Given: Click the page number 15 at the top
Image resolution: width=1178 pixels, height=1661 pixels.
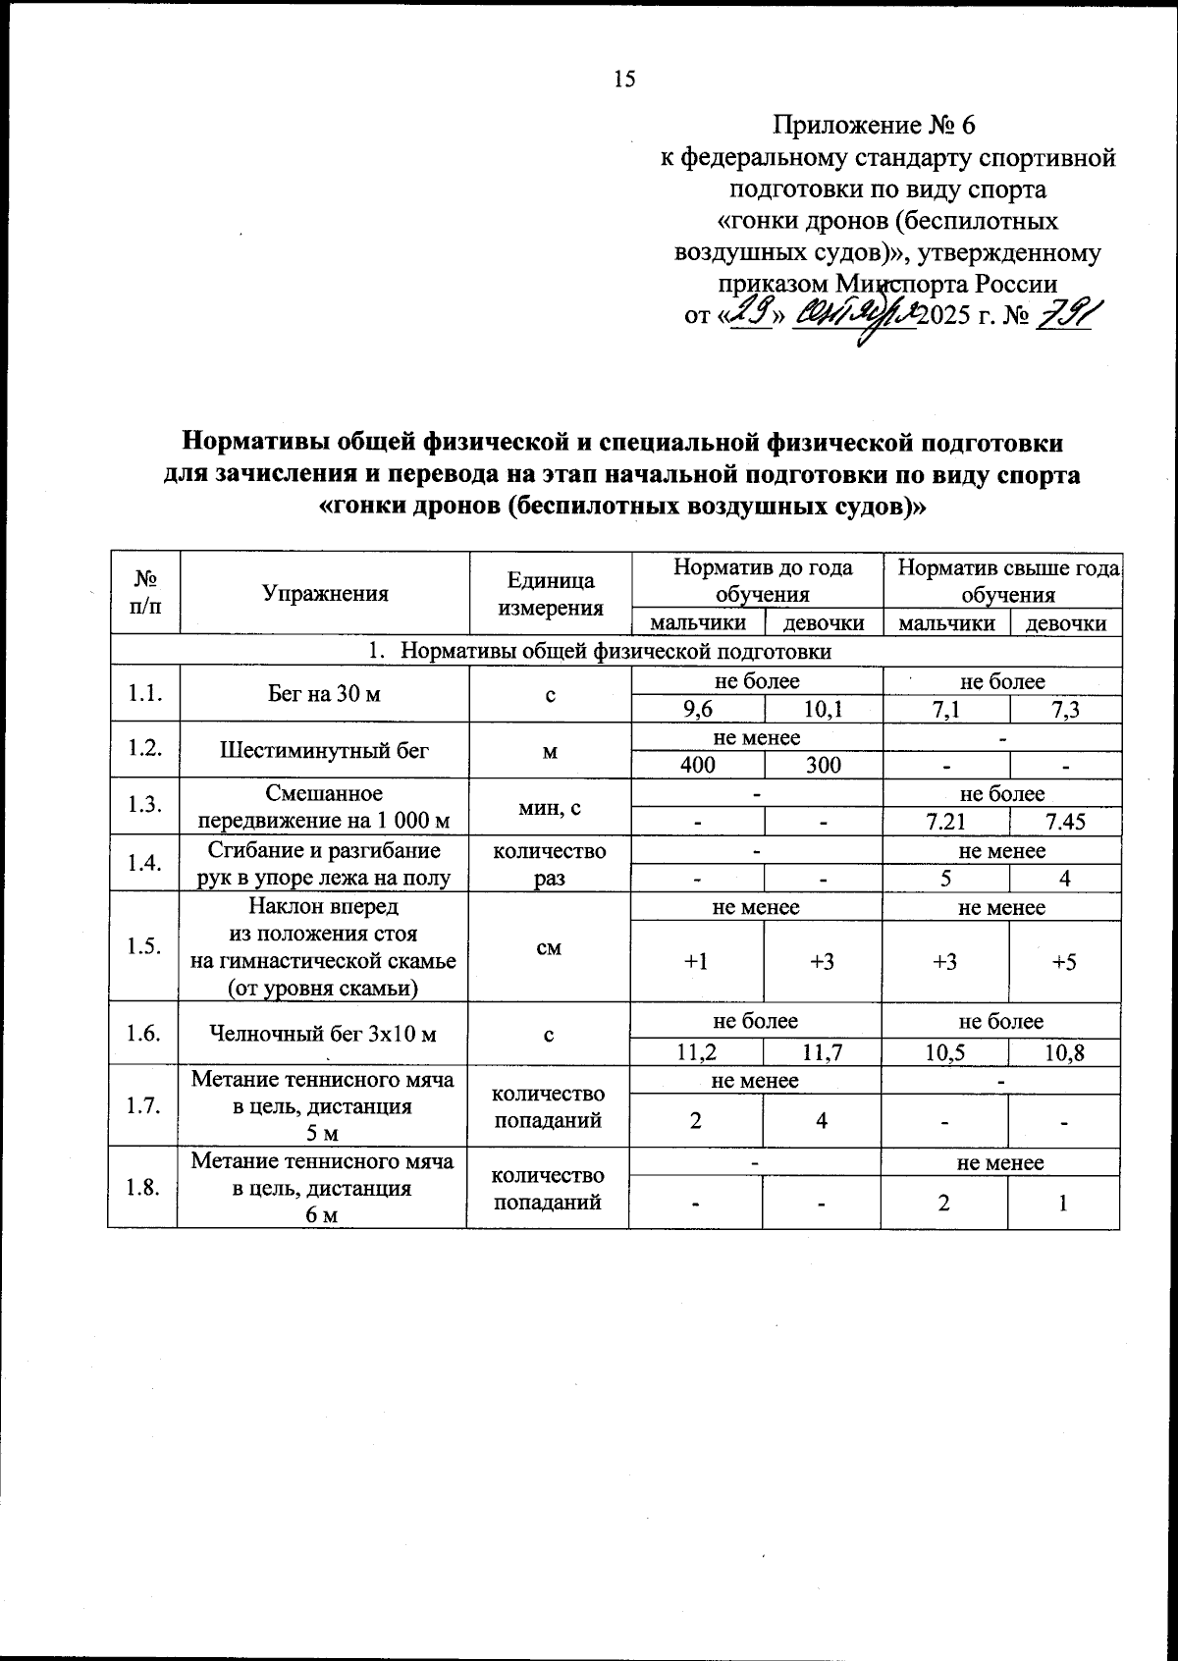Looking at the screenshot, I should (x=624, y=80).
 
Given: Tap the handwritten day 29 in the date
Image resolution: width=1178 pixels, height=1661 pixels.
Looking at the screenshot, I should (x=751, y=315).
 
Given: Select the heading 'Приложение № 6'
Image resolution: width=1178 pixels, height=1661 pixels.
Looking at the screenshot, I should (x=874, y=126).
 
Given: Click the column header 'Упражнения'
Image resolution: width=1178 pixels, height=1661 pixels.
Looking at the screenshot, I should (x=325, y=593).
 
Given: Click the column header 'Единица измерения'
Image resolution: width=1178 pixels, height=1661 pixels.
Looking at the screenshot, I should (x=550, y=594).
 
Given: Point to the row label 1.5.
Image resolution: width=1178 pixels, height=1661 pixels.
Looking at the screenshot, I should (x=143, y=947).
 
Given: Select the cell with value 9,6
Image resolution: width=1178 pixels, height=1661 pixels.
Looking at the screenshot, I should (x=697, y=710).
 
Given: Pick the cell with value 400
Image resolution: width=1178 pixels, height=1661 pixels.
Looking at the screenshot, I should (x=697, y=766).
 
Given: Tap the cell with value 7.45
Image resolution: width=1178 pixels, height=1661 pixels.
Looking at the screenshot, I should (x=1065, y=822).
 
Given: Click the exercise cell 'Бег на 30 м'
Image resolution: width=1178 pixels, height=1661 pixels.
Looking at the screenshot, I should (x=324, y=695).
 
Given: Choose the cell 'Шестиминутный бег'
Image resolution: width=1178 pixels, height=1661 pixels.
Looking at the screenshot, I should (x=324, y=752).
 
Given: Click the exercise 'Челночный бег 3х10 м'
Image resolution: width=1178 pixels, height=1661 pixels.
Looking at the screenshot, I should (x=324, y=1034).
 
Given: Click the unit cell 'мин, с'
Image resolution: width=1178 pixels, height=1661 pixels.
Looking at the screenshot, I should (x=550, y=808).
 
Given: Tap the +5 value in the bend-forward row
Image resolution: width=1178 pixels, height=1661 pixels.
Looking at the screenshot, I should (x=1064, y=962).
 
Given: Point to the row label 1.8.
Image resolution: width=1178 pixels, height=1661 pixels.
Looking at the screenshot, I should (x=143, y=1188).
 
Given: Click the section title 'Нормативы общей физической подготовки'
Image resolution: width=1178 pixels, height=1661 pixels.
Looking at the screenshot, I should (x=616, y=652).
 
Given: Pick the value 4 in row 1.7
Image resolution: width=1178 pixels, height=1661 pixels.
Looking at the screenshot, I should (x=822, y=1120).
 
